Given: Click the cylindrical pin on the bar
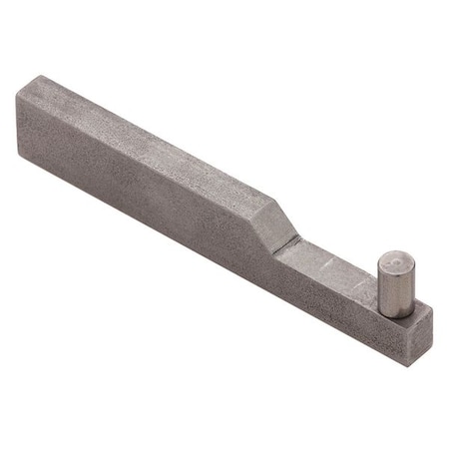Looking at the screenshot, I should pos(394,284).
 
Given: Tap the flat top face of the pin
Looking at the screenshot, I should pos(395,261).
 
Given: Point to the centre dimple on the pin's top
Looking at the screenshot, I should pos(396,261).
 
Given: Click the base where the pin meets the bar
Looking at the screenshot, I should pos(394,312).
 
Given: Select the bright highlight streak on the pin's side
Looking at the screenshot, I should pos(388,289).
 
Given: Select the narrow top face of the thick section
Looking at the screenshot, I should pos(150,140).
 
